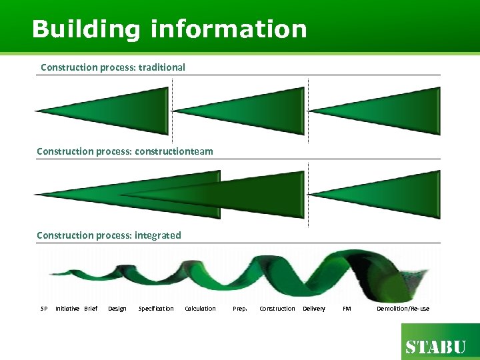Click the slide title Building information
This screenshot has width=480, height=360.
click(169, 29)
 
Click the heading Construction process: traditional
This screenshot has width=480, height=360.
click(113, 67)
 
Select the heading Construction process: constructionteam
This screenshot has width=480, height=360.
click(125, 151)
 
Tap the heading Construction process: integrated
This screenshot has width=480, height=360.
click(109, 235)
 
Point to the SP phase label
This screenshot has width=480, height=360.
click(44, 309)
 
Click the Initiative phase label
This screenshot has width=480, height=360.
click(67, 309)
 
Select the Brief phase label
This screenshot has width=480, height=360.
click(91, 309)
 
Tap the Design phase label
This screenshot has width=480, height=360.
click(117, 309)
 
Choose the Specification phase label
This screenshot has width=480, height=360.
click(156, 309)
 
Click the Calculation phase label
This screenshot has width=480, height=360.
click(201, 309)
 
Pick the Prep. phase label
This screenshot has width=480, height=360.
click(240, 309)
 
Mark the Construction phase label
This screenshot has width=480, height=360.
click(277, 309)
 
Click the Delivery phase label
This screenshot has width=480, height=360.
click(314, 309)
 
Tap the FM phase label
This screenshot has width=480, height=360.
click(347, 309)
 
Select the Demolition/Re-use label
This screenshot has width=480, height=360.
click(403, 309)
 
